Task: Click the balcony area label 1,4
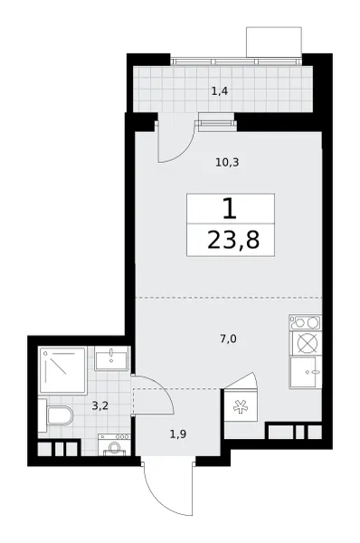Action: pyautogui.click(x=220, y=91)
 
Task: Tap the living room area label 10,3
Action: pyautogui.click(x=227, y=162)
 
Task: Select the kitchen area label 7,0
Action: pyautogui.click(x=228, y=338)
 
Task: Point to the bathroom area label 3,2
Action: pyautogui.click(x=100, y=405)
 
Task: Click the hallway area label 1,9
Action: pyautogui.click(x=178, y=433)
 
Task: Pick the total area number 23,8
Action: pyautogui.click(x=233, y=241)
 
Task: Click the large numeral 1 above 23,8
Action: pyautogui.click(x=230, y=209)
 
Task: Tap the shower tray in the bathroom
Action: pyautogui.click(x=62, y=370)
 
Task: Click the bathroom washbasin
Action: pyautogui.click(x=111, y=359)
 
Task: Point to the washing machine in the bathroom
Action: pyautogui.click(x=115, y=444)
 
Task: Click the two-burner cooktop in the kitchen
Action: pyautogui.click(x=306, y=322)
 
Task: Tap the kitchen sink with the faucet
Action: pyautogui.click(x=306, y=372)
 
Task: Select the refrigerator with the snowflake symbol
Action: pyautogui.click(x=241, y=405)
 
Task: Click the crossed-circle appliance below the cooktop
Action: pyautogui.click(x=307, y=344)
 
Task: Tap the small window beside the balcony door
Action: pyautogui.click(x=216, y=124)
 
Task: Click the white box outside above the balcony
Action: pyautogui.click(x=274, y=42)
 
